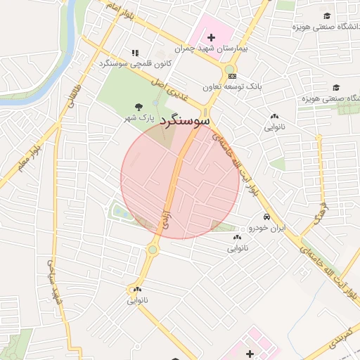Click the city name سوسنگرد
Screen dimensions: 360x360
point(186,121)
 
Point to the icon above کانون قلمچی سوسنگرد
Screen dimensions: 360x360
point(135,53)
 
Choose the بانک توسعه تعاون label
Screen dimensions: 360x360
point(232,87)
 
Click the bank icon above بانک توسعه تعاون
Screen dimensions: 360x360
point(232,76)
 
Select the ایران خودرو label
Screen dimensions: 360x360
point(266,229)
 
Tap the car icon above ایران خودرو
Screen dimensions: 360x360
point(267,217)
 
